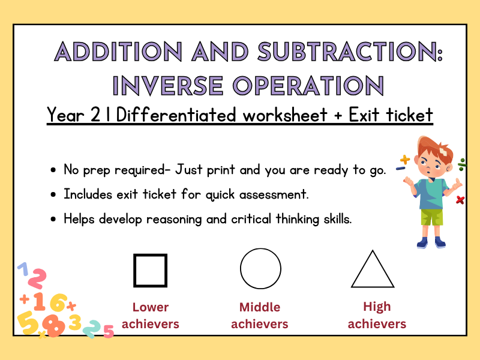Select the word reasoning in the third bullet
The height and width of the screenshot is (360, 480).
[167, 219]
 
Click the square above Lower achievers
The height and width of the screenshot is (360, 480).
[150, 271]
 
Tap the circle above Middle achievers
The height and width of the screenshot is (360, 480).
[260, 269]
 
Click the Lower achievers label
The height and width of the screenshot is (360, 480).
[150, 316]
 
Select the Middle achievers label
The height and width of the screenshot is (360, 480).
[260, 316]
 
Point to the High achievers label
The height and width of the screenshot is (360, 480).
[377, 315]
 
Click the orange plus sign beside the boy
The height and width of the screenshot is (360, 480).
[405, 160]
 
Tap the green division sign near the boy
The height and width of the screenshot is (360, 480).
[462, 163]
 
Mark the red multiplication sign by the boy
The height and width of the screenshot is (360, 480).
[460, 200]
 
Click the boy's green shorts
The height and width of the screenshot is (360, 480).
[431, 217]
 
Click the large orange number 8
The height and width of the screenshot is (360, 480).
[54, 325]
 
